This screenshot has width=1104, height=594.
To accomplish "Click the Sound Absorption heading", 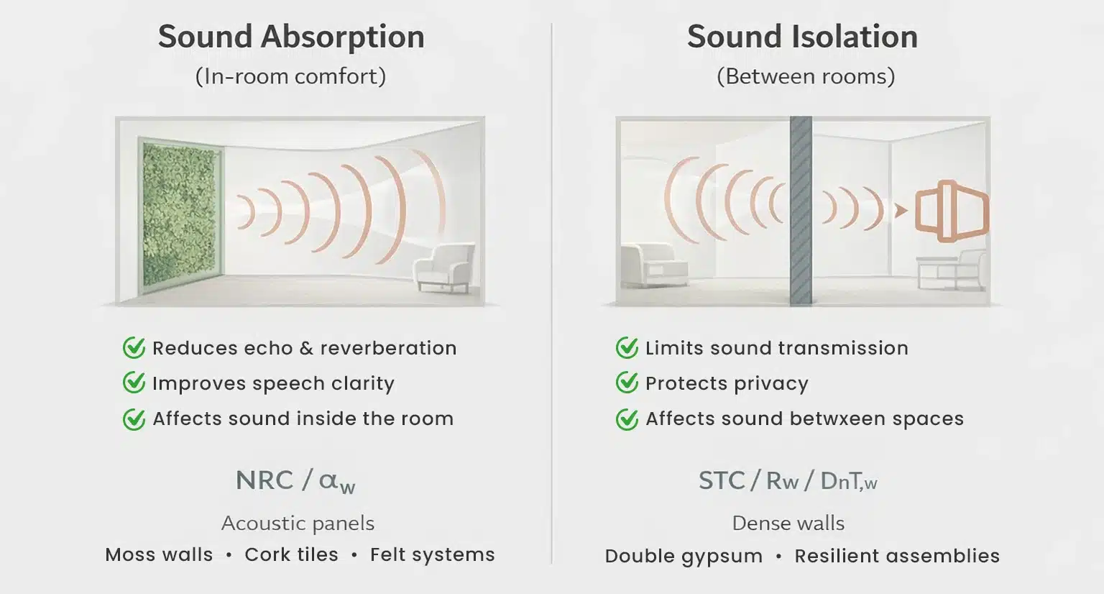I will tap(291, 37).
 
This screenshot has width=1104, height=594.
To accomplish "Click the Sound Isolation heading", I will tap(802, 37).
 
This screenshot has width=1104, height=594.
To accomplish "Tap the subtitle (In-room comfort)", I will tap(290, 76).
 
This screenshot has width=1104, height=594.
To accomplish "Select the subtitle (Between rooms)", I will tap(805, 76).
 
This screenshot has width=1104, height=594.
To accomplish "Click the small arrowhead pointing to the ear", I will tap(900, 211).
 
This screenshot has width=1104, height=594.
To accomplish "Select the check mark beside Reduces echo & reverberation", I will tap(134, 348).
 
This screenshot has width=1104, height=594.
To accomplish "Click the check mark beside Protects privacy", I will tap(627, 383).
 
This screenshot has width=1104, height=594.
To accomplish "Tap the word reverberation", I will tap(388, 348).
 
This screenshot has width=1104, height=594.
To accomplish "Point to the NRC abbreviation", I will tap(264, 480).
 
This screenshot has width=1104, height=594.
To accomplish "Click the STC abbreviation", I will tap(722, 480).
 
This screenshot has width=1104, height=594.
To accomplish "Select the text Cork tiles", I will tap(291, 554).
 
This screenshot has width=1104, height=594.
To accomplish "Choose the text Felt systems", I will tap(432, 554).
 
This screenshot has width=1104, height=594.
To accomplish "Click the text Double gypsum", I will tap(684, 556).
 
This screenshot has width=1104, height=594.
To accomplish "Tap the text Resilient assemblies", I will tap(897, 556).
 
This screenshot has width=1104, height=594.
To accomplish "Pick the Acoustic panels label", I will tap(298, 523).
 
